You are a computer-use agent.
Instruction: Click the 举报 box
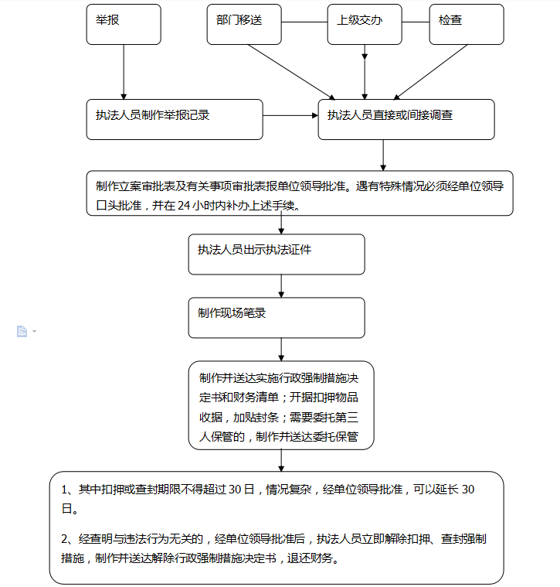[x=124, y=24]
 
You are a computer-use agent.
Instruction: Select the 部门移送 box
[x=244, y=24]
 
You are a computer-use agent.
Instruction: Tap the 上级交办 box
[x=365, y=24]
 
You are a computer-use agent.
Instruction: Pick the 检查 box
[x=467, y=24]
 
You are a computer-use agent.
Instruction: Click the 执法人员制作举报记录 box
[x=175, y=119]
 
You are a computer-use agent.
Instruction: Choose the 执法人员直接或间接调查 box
[x=406, y=119]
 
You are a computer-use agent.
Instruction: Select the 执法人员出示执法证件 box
[x=277, y=254]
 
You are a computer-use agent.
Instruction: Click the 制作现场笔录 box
[x=277, y=318]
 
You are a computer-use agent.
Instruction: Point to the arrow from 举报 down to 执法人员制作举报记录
[x=124, y=72]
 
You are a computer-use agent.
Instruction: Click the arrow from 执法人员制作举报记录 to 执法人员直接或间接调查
[x=290, y=116]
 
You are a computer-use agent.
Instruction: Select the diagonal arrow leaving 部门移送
[x=292, y=72]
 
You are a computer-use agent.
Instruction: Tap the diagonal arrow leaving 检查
[x=431, y=72]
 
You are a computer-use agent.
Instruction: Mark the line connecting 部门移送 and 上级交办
[x=304, y=22]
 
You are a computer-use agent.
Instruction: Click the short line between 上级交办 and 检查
[x=416, y=22]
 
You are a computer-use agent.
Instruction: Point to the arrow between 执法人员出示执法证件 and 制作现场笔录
[x=281, y=286]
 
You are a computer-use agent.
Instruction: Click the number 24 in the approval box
[x=184, y=206]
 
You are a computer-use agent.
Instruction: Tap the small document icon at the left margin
[x=22, y=331]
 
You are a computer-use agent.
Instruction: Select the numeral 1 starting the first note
[x=64, y=490]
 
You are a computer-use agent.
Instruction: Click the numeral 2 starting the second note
[x=64, y=539]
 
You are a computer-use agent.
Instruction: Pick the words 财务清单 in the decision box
[x=256, y=398]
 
